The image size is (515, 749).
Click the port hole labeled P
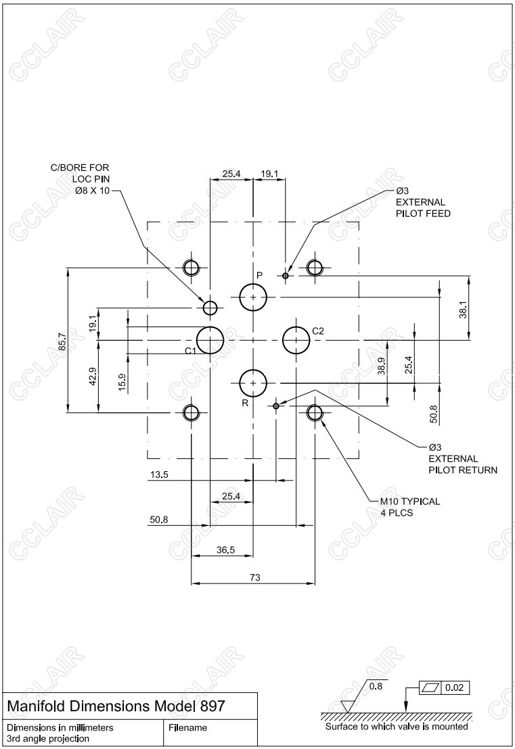(x=253, y=297)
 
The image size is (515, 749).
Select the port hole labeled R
(x=253, y=383)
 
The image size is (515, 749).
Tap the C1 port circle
(x=210, y=339)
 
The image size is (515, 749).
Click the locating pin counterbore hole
(x=210, y=308)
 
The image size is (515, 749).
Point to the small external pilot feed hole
(x=286, y=275)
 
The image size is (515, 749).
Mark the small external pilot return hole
(x=275, y=406)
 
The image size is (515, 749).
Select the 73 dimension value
(x=254, y=577)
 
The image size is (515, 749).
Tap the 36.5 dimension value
(x=225, y=550)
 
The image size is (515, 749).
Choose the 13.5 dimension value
(x=159, y=475)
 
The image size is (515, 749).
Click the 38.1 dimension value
(x=464, y=310)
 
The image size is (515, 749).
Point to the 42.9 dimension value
(x=93, y=376)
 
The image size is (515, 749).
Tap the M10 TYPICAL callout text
(x=409, y=502)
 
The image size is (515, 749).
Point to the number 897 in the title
(x=212, y=706)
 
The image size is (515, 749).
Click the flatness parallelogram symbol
(x=430, y=688)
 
